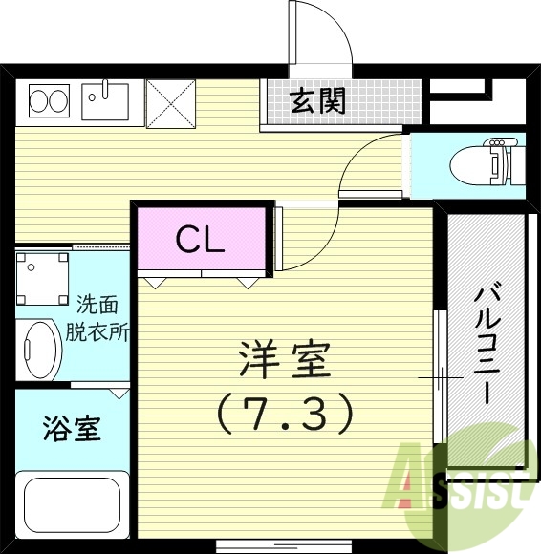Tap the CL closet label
[199, 238]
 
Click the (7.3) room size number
[284, 412]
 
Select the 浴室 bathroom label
[72, 429]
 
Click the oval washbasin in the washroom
[40, 352]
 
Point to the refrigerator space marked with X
[170, 102]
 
